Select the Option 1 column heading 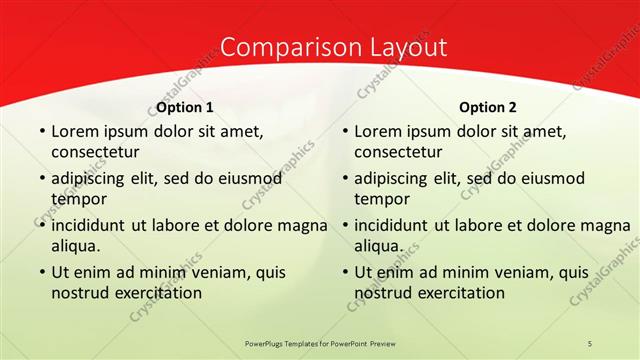click(185, 107)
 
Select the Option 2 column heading click(488, 107)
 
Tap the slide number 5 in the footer click(590, 343)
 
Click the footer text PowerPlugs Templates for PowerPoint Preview click(320, 343)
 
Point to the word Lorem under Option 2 click(376, 131)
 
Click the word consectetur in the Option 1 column click(95, 152)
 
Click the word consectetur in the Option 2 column click(398, 152)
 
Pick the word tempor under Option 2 click(380, 199)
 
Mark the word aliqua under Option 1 click(76, 246)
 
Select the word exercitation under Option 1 click(160, 293)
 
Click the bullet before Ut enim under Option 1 click(41, 272)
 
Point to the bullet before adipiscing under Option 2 click(344, 178)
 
